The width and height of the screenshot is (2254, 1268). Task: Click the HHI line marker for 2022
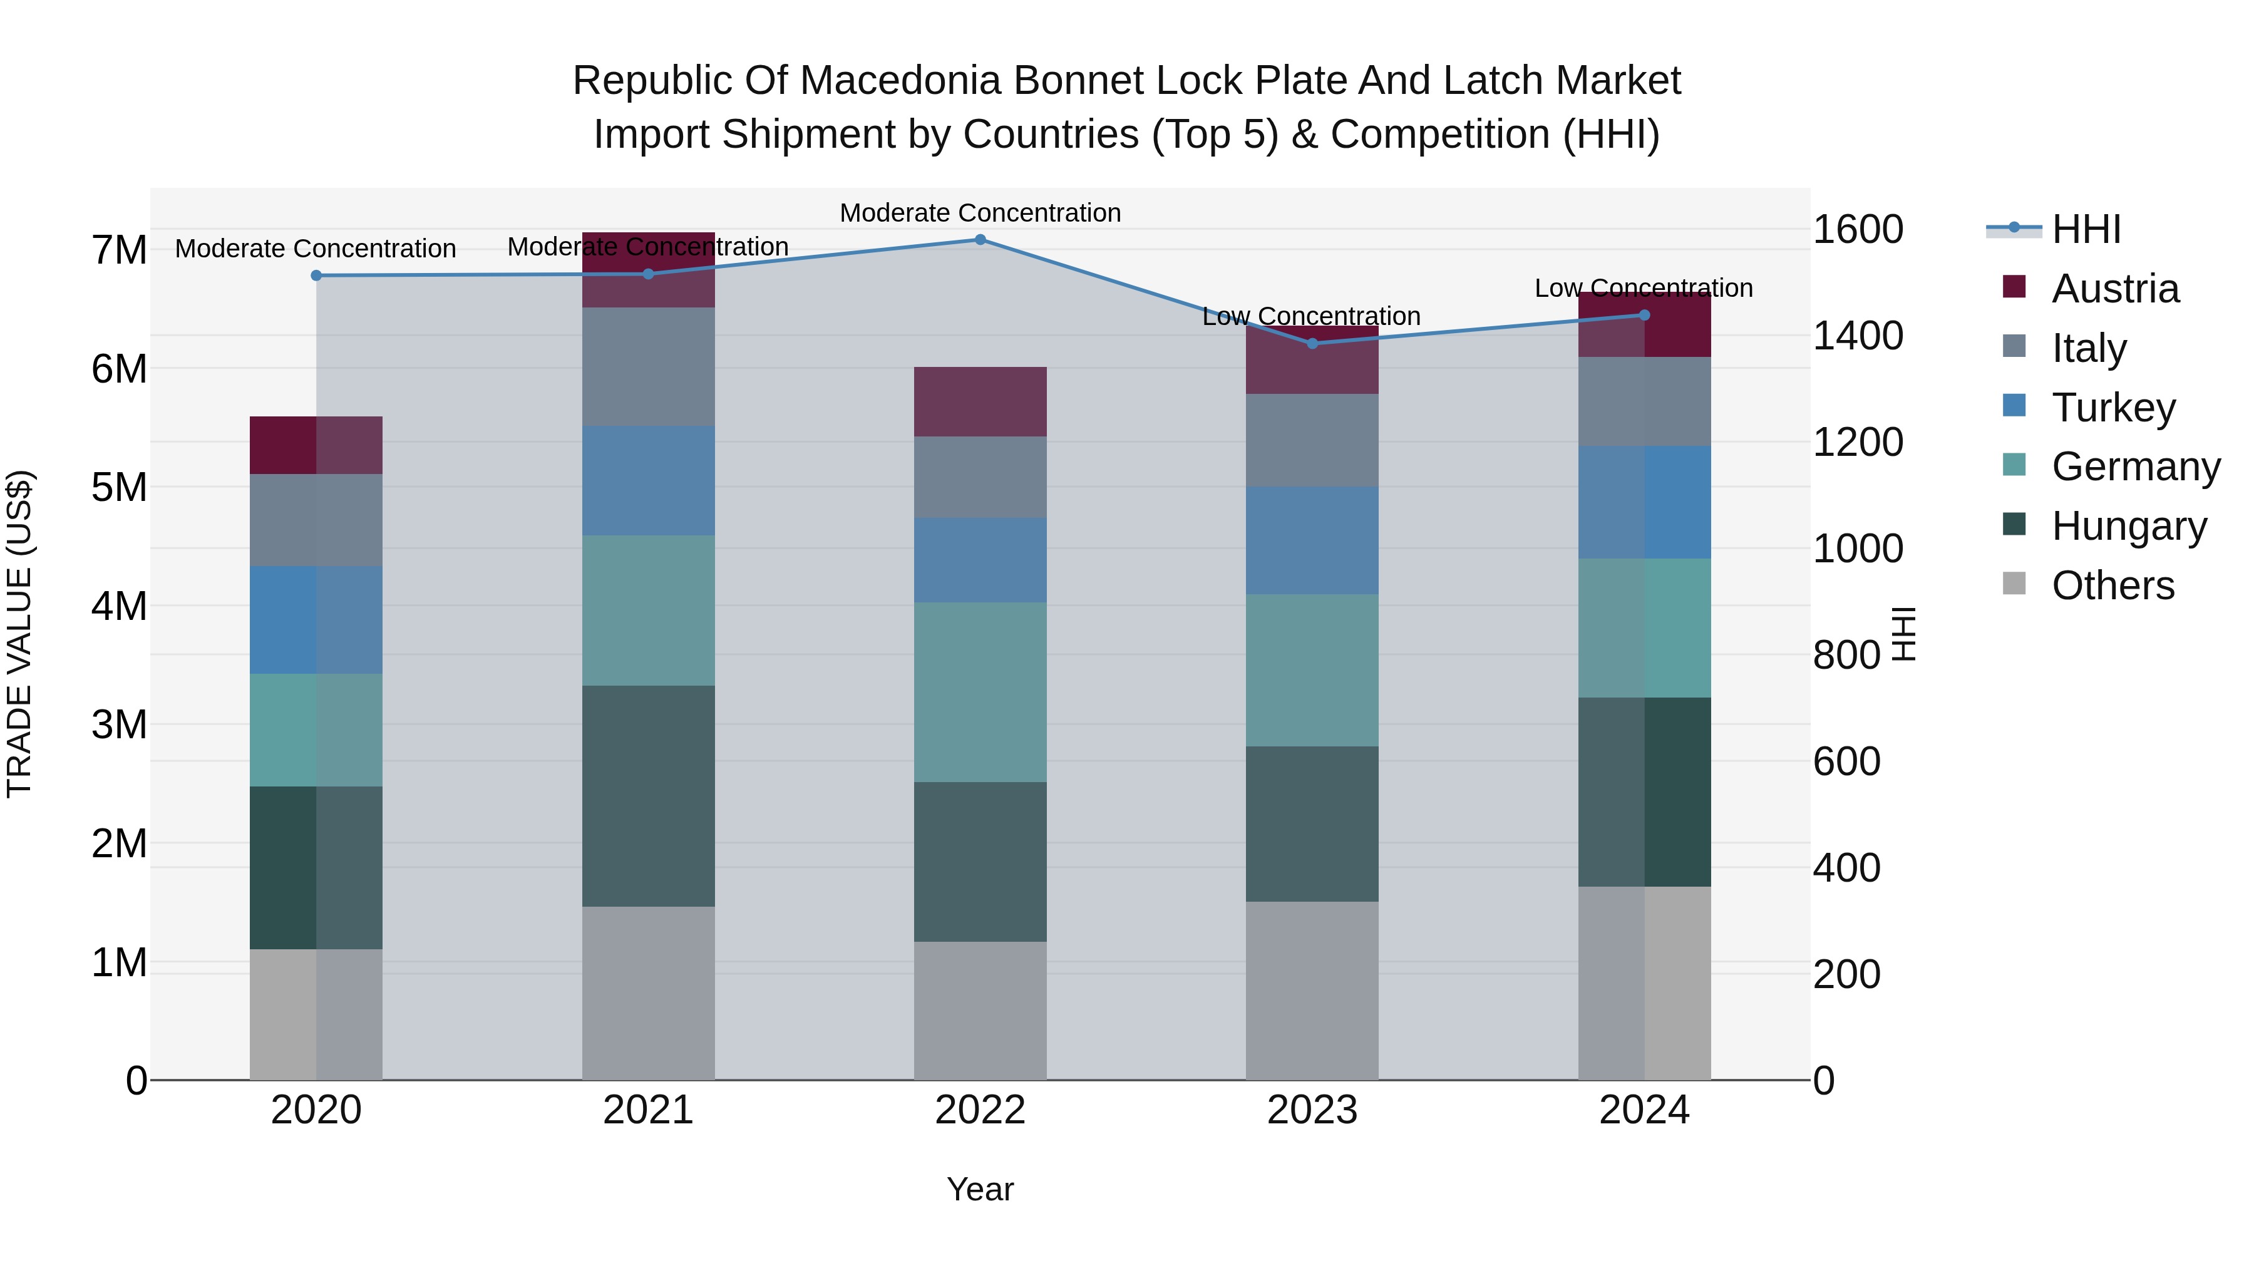[980, 240]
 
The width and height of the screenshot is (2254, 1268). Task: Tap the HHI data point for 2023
[1312, 344]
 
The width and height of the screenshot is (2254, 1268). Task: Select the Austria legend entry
[2115, 289]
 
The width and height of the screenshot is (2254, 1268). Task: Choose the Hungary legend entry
[2129, 526]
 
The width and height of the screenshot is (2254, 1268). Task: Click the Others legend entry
[2112, 585]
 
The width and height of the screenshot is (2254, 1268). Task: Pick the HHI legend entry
[2086, 229]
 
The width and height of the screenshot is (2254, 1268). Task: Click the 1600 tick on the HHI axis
[1858, 229]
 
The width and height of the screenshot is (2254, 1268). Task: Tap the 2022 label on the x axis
[980, 1110]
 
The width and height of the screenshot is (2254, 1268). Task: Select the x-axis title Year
[980, 1189]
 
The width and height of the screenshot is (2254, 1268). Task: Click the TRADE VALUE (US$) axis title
[19, 634]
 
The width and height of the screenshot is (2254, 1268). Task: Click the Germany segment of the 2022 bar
[980, 691]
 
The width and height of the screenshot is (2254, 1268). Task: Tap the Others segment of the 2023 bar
[1312, 991]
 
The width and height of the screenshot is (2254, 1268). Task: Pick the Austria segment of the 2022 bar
[980, 401]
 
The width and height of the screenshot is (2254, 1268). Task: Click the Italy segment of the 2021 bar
[649, 367]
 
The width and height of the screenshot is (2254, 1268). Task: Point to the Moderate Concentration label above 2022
[980, 213]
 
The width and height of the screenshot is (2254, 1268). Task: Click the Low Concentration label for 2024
[1644, 288]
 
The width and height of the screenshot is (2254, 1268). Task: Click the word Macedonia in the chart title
[901, 81]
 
